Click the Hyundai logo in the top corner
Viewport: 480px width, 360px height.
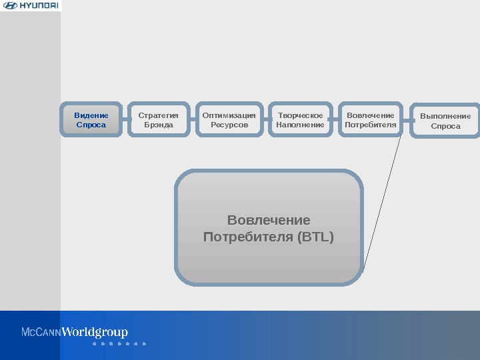(x=31, y=6)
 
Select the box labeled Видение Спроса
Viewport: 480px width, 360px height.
(x=91, y=120)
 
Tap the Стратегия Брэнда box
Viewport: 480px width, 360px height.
(x=159, y=120)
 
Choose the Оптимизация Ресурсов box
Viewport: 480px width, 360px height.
(x=229, y=120)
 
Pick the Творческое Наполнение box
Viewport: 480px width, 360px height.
(x=300, y=120)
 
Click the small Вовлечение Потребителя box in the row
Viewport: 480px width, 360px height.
(x=371, y=120)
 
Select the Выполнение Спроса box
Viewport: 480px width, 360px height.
(x=445, y=121)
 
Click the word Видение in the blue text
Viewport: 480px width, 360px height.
(x=91, y=115)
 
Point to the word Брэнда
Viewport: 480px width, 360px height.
(x=159, y=125)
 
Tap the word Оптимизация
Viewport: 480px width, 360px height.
(x=229, y=115)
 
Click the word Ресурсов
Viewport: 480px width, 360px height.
(x=229, y=125)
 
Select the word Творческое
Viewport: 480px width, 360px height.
(x=300, y=115)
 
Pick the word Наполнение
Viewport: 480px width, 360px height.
(x=300, y=125)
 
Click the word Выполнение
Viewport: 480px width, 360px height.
(x=445, y=116)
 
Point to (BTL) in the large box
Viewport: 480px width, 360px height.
(x=317, y=237)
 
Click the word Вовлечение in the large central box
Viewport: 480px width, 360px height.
(x=269, y=220)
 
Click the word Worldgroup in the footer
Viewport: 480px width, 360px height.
(x=95, y=332)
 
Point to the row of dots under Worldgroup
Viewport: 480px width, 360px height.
(x=119, y=344)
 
